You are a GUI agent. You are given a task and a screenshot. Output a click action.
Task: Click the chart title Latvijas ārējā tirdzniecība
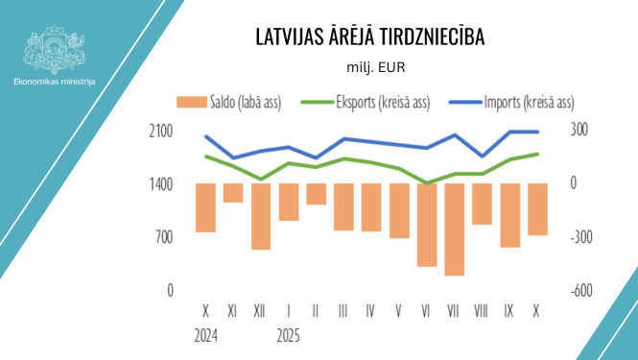coord(370,37)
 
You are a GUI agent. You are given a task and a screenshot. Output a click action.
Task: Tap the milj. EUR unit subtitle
coord(370,68)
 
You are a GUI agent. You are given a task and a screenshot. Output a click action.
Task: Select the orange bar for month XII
coord(260,216)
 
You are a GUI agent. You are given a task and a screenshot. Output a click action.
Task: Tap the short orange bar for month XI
coord(233,193)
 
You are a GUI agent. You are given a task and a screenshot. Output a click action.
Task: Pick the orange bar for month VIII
coord(482,204)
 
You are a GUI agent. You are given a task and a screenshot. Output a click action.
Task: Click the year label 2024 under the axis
coord(205,336)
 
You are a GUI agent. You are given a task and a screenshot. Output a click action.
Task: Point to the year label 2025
coord(288,336)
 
